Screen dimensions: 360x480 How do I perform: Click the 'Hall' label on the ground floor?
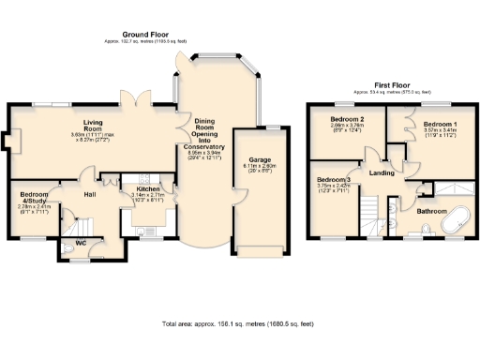pos(91,194)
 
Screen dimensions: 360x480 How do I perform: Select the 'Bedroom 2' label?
pos(346,120)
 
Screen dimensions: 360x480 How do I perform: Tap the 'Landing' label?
pos(382,173)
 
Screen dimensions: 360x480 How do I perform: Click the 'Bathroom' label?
pos(431,212)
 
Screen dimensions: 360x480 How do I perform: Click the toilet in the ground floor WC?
pos(67,250)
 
